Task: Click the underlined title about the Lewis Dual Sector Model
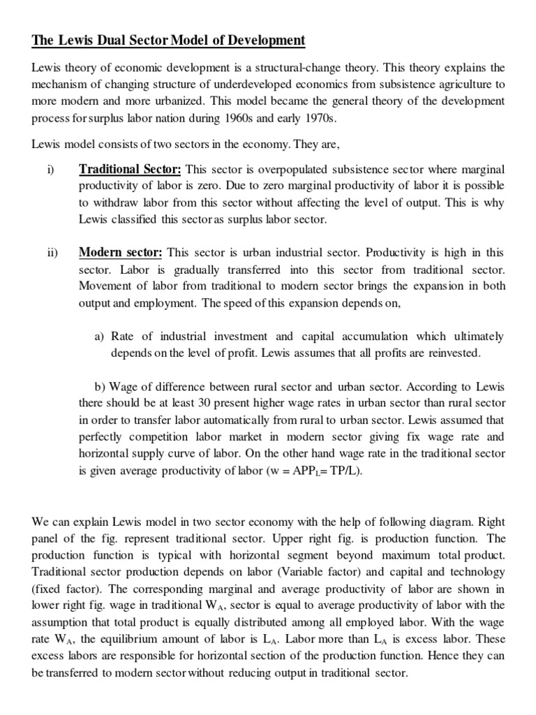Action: (x=168, y=40)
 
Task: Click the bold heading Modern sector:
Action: (x=121, y=252)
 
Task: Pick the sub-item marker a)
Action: (x=100, y=337)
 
